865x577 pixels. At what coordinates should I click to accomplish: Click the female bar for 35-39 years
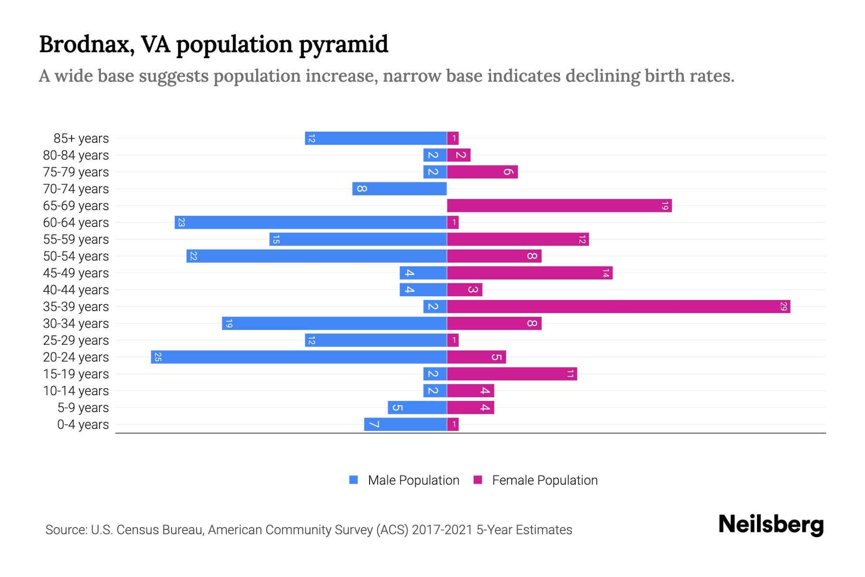pos(618,306)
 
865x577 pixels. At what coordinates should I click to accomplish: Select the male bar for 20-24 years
pos(299,357)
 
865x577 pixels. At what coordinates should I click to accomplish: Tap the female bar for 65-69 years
pos(559,205)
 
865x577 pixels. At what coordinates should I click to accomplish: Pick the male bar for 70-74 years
pos(399,188)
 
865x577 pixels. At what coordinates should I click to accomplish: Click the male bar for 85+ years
pos(376,138)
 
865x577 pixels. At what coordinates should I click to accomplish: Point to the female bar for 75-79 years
pos(482,172)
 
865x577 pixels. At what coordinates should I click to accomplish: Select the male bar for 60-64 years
pos(310,222)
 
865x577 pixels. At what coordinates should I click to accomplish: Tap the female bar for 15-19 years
pos(512,374)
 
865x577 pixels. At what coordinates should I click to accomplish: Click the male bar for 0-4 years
pos(406,424)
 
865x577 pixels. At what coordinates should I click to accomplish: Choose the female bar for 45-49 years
pos(530,273)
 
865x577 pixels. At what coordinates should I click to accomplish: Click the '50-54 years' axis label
pos(76,256)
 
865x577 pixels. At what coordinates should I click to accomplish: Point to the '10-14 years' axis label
pos(76,391)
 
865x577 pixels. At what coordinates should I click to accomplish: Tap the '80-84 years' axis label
pos(76,155)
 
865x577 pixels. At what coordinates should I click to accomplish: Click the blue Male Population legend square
pos(354,480)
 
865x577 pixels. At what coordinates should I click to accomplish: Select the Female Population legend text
pos(544,480)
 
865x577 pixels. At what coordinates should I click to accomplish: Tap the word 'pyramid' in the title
pos(343,45)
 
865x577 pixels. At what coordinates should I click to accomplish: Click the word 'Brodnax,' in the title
pos(86,45)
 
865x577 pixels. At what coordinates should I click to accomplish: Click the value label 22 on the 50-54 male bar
pos(193,256)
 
